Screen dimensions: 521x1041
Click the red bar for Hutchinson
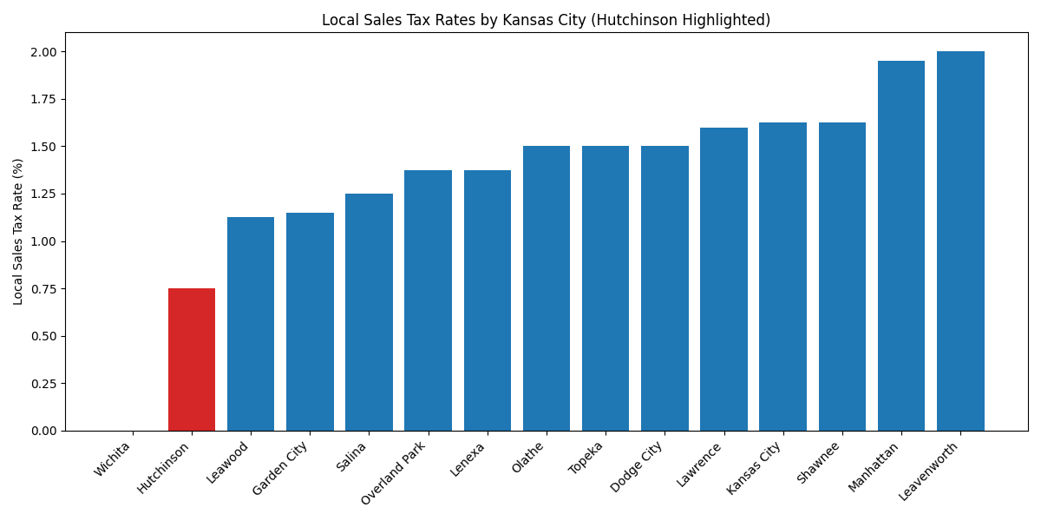192,359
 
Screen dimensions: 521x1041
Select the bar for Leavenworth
960,241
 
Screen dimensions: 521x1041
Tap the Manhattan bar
901,246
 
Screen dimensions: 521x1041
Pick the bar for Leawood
251,324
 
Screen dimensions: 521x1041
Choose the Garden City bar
310,321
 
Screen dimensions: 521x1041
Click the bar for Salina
369,313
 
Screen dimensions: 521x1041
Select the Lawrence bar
723,280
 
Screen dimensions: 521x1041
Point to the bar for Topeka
606,288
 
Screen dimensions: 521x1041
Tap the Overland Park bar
428,300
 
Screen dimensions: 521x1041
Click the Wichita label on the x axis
113,459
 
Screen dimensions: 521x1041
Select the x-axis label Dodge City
638,466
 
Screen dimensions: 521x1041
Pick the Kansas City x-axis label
755,467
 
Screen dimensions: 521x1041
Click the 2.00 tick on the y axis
43,52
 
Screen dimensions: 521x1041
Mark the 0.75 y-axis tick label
43,289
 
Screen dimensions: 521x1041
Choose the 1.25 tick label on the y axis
43,195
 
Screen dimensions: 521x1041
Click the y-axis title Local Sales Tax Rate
18,231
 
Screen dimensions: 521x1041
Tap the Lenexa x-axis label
468,459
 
